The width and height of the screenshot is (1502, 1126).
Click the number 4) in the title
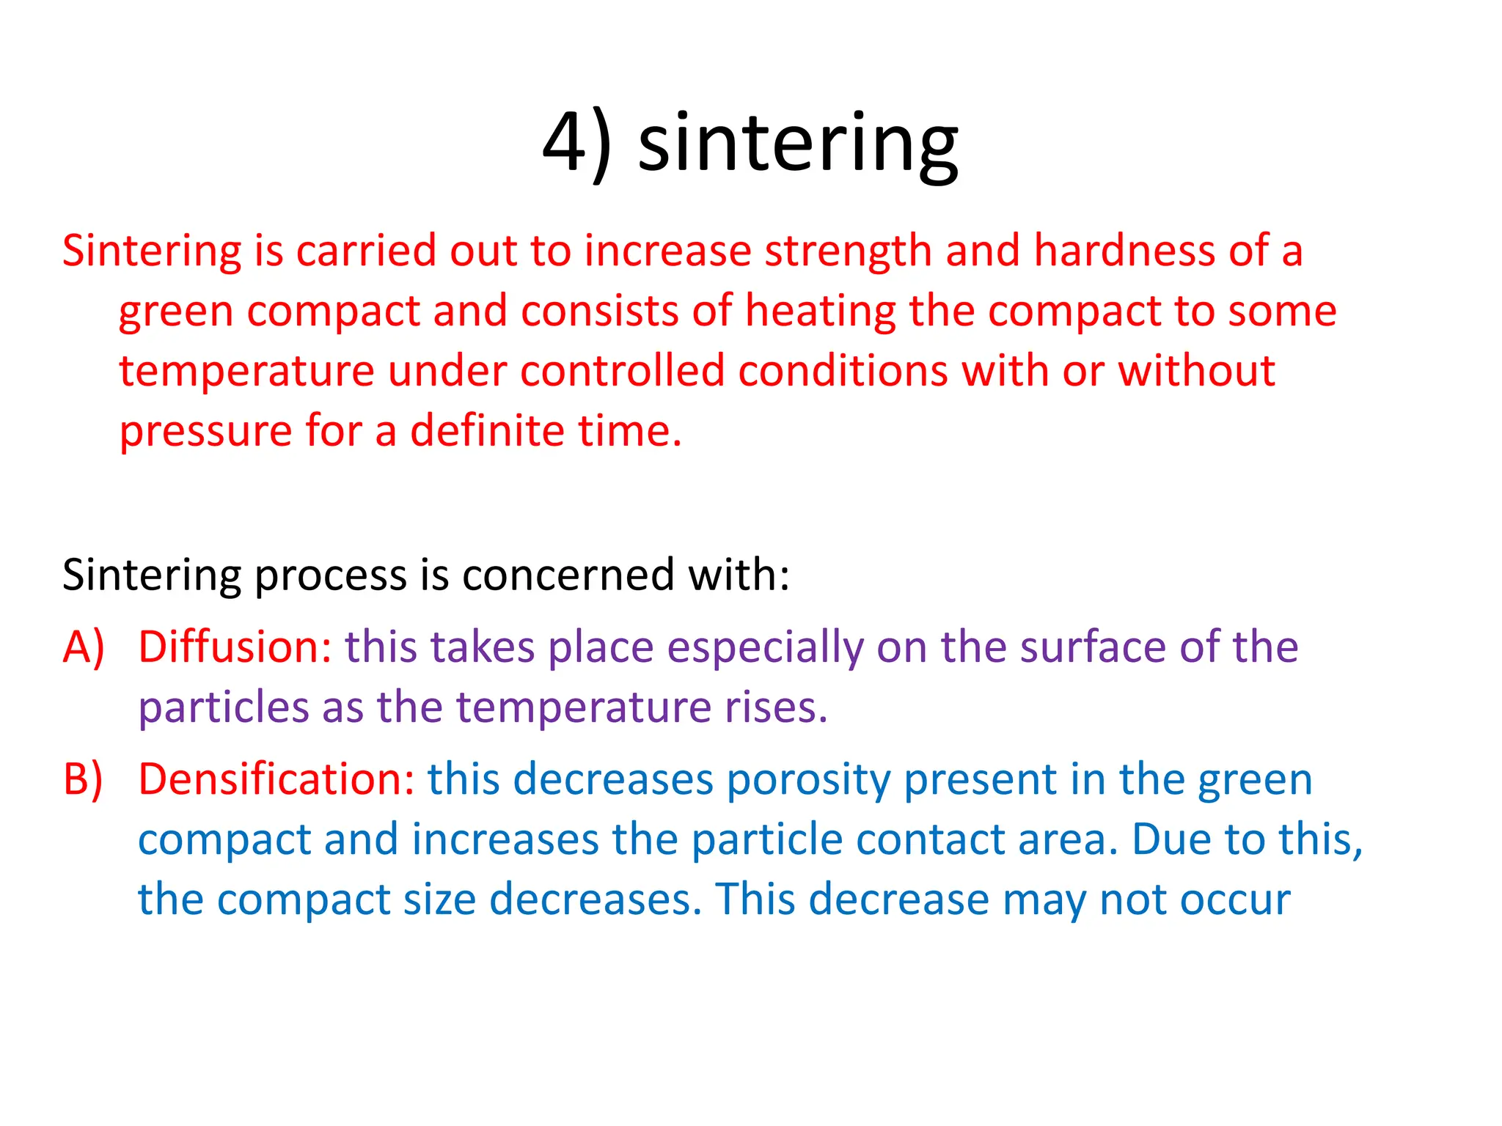pyautogui.click(x=576, y=143)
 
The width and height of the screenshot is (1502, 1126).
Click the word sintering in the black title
pyautogui.click(x=798, y=143)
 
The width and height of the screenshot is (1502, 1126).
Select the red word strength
pyautogui.click(x=848, y=251)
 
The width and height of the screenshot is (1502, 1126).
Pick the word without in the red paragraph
pyautogui.click(x=1196, y=371)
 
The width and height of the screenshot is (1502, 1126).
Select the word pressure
pyautogui.click(x=205, y=431)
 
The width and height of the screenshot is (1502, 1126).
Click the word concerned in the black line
pyautogui.click(x=568, y=575)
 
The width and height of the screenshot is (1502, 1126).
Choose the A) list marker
pyautogui.click(x=84, y=648)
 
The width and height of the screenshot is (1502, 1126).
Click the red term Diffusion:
pyautogui.click(x=235, y=648)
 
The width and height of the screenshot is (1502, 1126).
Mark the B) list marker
pyautogui.click(x=83, y=780)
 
